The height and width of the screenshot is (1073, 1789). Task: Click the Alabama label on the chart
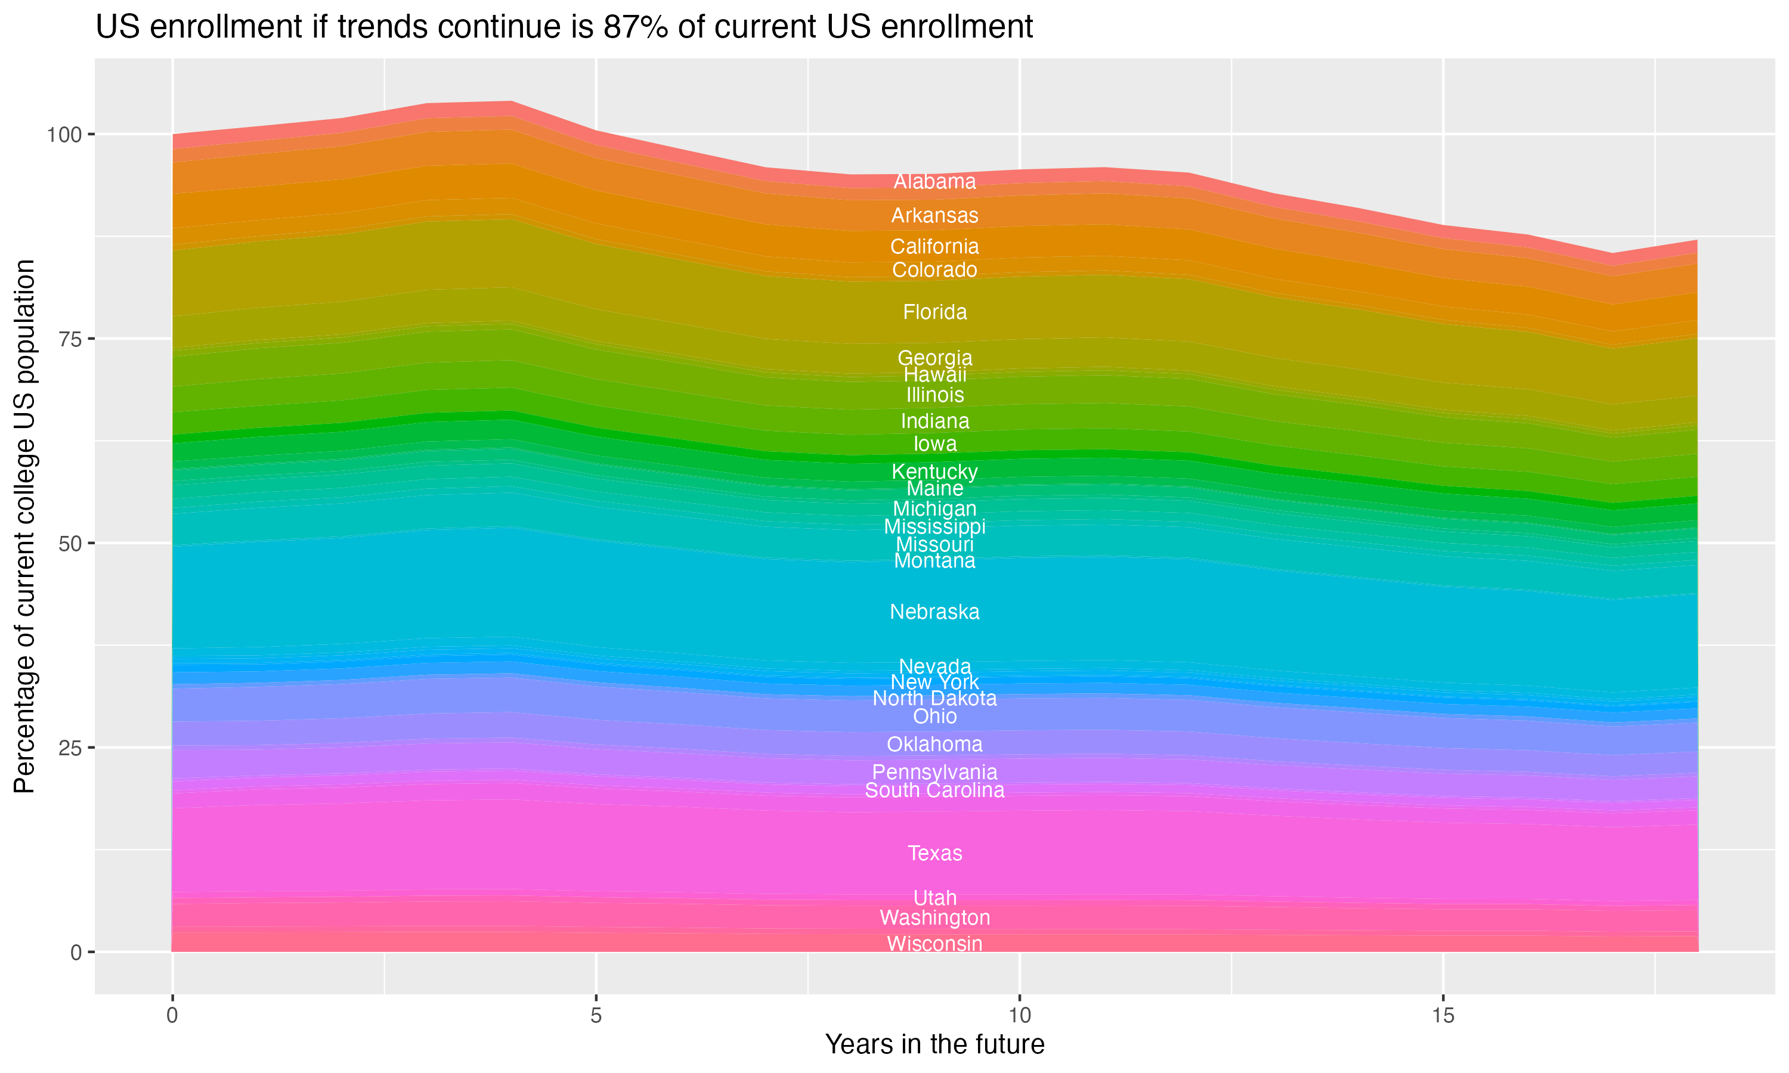coord(934,181)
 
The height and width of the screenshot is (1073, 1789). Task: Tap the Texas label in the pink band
coord(934,853)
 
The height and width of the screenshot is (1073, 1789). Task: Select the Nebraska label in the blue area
coord(934,612)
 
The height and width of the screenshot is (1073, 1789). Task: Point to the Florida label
coord(934,312)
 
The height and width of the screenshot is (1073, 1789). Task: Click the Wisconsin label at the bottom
coord(934,944)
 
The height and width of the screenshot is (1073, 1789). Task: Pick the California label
coord(934,247)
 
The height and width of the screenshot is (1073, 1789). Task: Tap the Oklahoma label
coord(934,744)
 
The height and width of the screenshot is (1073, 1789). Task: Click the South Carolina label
coord(934,790)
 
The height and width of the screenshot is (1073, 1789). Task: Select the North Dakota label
coord(934,699)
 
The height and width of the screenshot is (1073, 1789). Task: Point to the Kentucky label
coord(934,472)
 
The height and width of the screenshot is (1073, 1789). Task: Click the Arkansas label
coord(934,215)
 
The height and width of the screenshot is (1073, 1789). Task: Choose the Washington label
coord(934,917)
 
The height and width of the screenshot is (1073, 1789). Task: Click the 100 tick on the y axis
coord(65,135)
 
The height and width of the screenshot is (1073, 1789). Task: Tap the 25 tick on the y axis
coord(70,748)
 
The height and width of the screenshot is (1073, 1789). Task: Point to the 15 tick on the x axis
coord(1443,1016)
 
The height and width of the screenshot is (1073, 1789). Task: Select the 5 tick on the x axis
coord(596,1016)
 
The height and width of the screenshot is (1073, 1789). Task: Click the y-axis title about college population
coord(24,526)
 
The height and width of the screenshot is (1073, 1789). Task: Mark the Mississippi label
coord(934,526)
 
